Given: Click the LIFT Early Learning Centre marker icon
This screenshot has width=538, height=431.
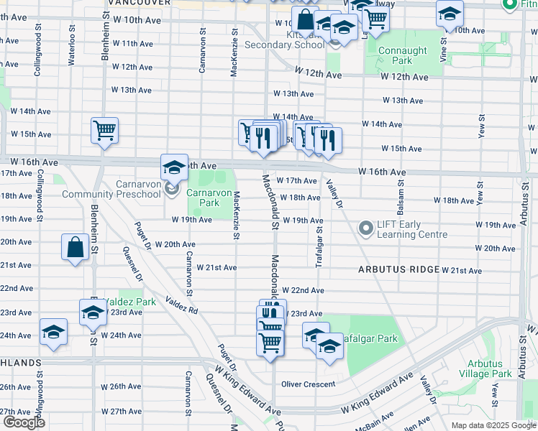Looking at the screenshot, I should pyautogui.click(x=366, y=228).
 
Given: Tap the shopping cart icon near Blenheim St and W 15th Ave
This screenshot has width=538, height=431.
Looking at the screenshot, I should pyautogui.click(x=104, y=131).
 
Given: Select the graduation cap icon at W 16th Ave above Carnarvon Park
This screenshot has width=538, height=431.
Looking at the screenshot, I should pyautogui.click(x=173, y=167).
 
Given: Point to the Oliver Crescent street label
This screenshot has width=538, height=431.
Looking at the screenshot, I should pyautogui.click(x=308, y=384).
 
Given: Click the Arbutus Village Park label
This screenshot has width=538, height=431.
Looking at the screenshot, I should pyautogui.click(x=489, y=369).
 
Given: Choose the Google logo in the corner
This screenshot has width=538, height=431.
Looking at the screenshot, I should pyautogui.click(x=24, y=422).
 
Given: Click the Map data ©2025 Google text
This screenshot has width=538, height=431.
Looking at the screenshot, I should pyautogui.click(x=493, y=425).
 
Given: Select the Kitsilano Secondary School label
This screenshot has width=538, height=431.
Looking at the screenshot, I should pyautogui.click(x=284, y=45).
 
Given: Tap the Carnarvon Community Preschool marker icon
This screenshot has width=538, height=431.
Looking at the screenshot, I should pyautogui.click(x=172, y=189).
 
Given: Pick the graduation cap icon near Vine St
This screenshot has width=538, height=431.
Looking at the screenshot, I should pyautogui.click(x=450, y=13).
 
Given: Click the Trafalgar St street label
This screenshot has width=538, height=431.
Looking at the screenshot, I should pyautogui.click(x=319, y=246).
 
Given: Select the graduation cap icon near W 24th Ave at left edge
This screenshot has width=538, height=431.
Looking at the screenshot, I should pyautogui.click(x=53, y=331).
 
